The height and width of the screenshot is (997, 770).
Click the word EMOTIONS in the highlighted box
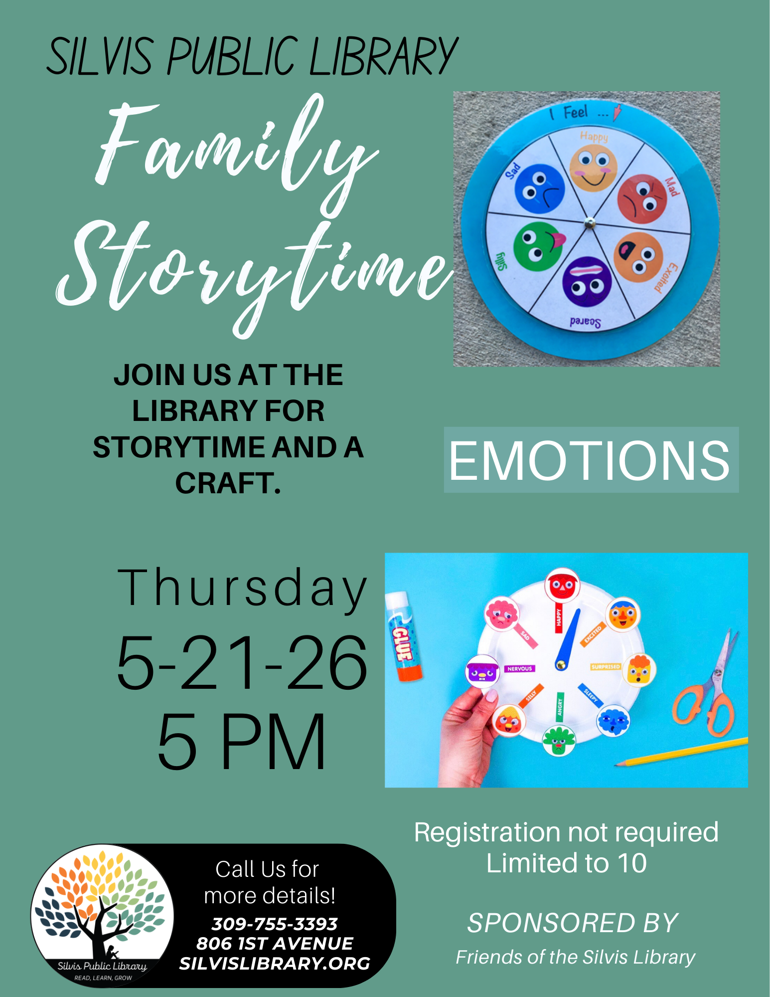click(591, 460)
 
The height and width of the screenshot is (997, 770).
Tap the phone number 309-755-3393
click(275, 924)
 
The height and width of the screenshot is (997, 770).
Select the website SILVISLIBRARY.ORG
click(275, 964)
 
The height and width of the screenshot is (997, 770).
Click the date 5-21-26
click(242, 663)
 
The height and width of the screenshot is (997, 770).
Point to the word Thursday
click(242, 589)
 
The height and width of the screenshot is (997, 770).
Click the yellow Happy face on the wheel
click(593, 169)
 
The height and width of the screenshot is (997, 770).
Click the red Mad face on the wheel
click(642, 199)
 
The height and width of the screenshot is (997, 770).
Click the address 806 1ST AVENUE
click(275, 944)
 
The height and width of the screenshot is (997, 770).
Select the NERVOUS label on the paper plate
click(519, 668)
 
